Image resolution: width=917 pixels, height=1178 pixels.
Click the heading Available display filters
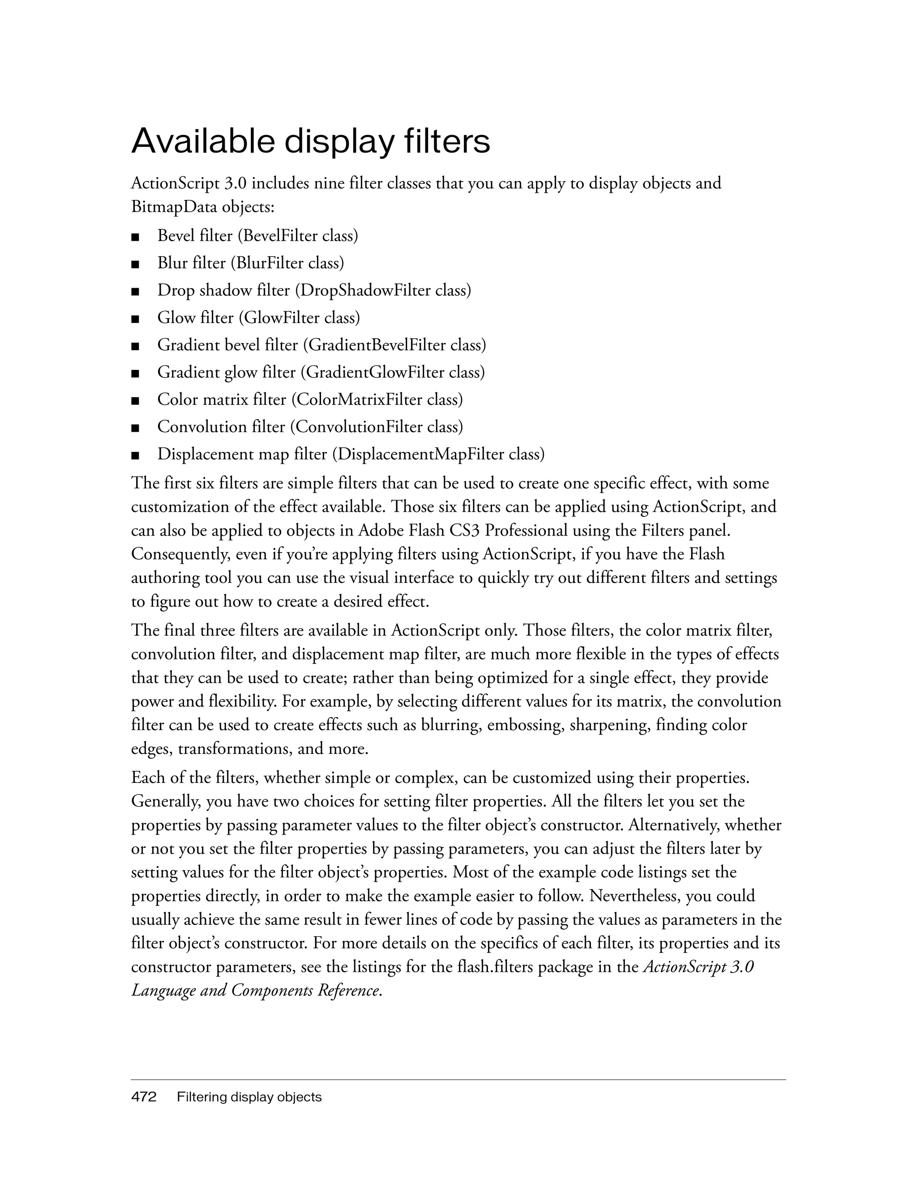coord(310,141)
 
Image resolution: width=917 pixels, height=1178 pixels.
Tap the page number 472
coord(144,1097)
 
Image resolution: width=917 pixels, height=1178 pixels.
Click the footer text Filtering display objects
coord(249,1097)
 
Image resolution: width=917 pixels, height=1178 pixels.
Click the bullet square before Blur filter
coord(135,264)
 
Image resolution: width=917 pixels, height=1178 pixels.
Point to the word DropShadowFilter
coord(365,290)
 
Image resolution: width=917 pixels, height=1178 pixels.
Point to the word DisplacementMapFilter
coord(420,454)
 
